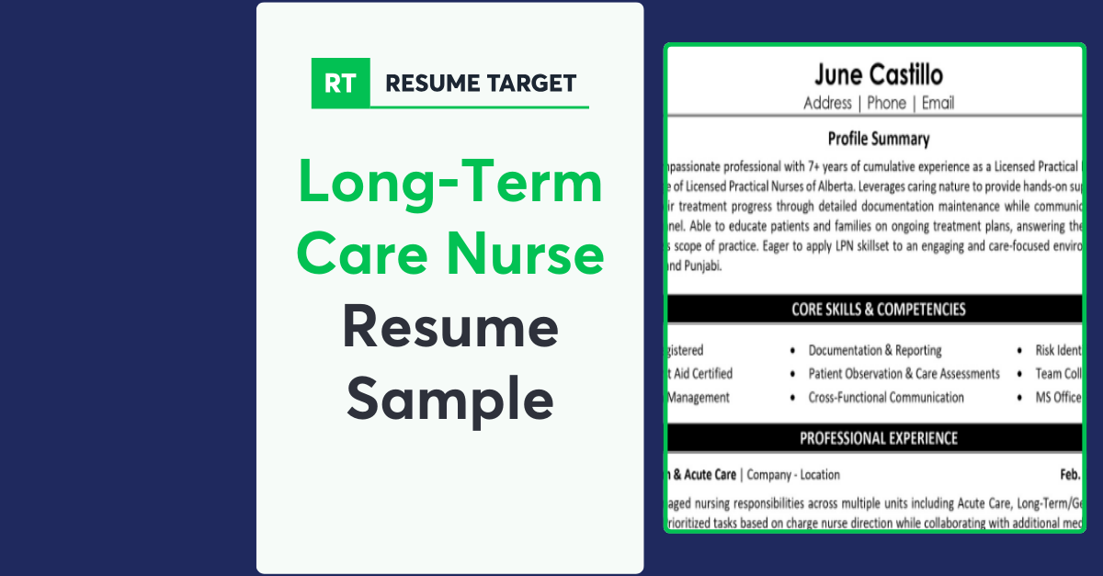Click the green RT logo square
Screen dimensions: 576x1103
tap(340, 83)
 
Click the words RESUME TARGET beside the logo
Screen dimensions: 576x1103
tap(480, 84)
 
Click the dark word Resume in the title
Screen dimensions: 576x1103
tap(450, 327)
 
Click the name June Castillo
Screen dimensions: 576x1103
tap(878, 74)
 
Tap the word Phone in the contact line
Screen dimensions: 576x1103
tap(886, 103)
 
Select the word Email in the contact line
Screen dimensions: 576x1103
tap(938, 103)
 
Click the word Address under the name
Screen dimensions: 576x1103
tap(827, 103)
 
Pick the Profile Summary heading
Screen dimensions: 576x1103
tap(878, 140)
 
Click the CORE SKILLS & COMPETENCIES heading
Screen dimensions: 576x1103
tap(878, 310)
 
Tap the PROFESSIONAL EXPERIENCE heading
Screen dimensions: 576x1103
tap(878, 438)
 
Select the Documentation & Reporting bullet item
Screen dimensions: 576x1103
tap(874, 350)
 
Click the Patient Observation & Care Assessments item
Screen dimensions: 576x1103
tap(904, 374)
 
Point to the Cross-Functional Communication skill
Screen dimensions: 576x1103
tap(886, 398)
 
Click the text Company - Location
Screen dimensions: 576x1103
tap(793, 475)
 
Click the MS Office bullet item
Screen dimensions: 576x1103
tap(1058, 398)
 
